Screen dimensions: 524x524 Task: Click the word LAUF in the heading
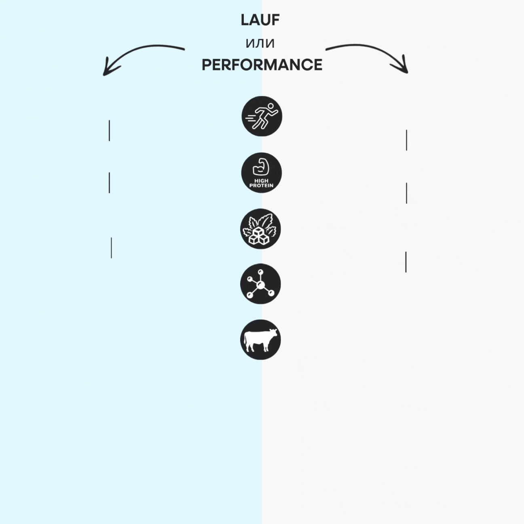[260, 20]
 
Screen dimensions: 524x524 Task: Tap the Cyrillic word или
[260, 44]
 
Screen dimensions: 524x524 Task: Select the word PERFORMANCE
[262, 65]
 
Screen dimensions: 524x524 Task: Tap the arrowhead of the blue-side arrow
[108, 68]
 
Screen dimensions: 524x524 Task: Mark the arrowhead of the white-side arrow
[402, 66]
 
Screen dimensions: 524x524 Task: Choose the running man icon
[262, 116]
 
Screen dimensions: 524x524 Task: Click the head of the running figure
[270, 106]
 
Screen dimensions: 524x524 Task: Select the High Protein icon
[261, 173]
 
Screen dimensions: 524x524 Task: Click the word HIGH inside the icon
[261, 181]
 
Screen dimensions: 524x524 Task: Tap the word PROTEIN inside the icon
[261, 186]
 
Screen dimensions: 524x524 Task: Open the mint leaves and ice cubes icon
[260, 229]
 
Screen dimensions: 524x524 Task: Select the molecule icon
[260, 283]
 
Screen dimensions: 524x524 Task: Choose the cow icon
[260, 340]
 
